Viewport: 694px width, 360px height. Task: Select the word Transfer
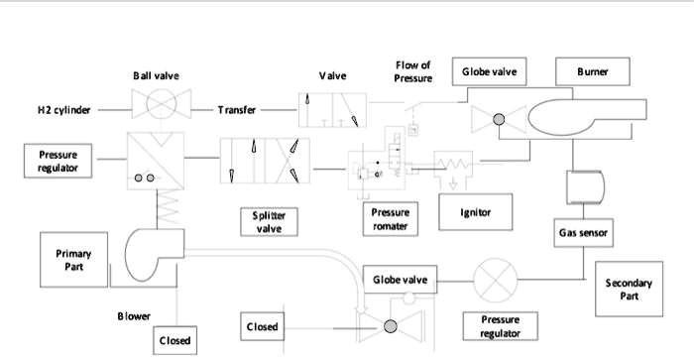[x=238, y=110]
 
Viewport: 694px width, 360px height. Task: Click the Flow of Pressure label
[x=412, y=71]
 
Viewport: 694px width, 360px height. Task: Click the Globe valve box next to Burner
[x=490, y=71]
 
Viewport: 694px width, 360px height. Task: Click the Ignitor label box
[x=476, y=211]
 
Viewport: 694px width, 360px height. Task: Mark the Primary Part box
[x=73, y=260]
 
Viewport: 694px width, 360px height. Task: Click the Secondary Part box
[x=629, y=290]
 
